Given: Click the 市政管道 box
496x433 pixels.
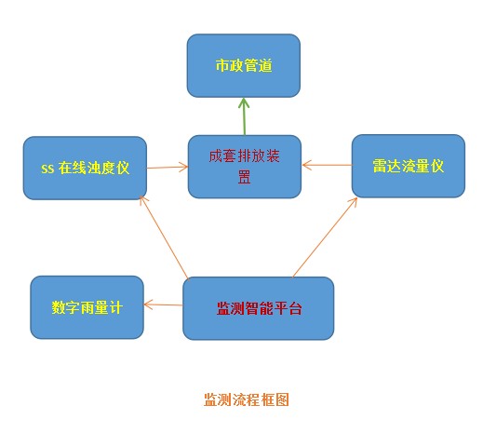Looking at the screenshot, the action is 244,65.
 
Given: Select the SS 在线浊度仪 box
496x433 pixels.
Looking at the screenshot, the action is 85,168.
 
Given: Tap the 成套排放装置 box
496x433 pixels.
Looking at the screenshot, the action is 245,167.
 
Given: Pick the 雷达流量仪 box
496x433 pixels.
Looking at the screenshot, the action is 409,166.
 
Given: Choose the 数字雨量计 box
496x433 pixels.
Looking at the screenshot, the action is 87,307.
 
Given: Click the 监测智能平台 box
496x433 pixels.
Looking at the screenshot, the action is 259,308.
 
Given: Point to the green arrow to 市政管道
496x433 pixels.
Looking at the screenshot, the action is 244,116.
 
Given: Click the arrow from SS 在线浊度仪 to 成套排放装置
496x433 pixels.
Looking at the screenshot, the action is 168,167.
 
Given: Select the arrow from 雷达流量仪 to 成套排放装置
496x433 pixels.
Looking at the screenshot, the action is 327,165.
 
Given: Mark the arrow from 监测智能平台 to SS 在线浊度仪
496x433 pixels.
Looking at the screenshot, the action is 165,237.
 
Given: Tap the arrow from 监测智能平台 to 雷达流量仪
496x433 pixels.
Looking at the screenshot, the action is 325,237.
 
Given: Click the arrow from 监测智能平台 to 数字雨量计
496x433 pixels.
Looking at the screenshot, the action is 163,304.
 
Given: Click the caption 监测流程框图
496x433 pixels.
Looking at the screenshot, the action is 247,399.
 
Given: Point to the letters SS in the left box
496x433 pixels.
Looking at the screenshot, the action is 47,169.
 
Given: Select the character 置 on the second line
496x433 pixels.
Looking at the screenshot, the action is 244,177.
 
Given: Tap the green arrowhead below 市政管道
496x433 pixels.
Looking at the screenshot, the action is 244,103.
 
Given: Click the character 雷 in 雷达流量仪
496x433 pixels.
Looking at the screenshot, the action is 380,166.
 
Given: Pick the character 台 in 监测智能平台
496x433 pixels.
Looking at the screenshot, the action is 295,308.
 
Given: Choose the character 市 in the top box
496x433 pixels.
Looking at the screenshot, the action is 222,65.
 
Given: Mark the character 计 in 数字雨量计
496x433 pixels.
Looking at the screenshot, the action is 115,307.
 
